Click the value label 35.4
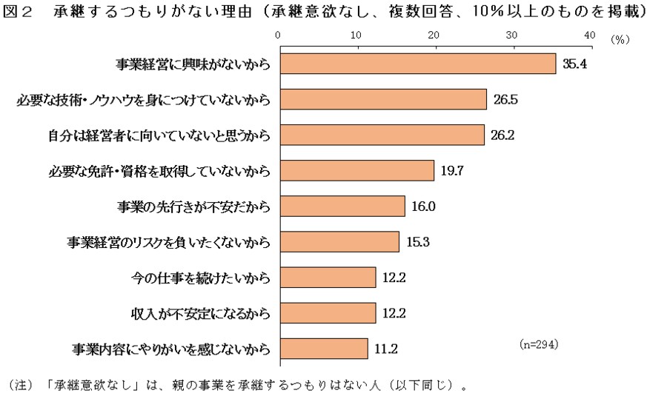click(574, 64)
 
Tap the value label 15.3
click(419, 242)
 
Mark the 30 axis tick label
click(511, 36)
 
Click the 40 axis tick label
click(589, 36)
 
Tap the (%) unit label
click(620, 40)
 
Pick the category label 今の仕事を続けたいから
click(199, 278)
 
